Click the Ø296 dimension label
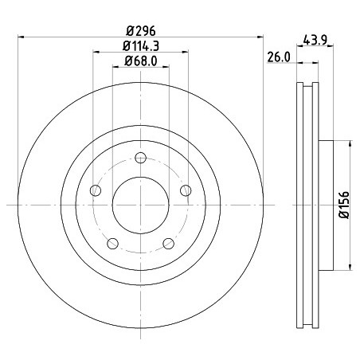(x=140, y=31)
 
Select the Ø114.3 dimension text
(x=141, y=46)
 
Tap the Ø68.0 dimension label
(x=141, y=61)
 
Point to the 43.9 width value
(x=315, y=41)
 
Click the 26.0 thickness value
(x=279, y=57)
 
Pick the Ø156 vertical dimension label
(x=344, y=205)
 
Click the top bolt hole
(x=140, y=158)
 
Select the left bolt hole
(x=96, y=190)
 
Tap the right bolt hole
(x=186, y=190)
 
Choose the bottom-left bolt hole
(x=112, y=244)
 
